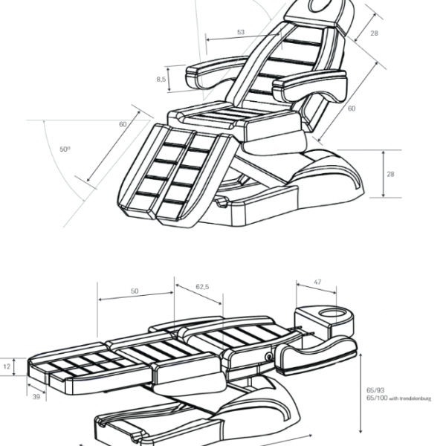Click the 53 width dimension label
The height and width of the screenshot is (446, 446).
(x=241, y=32)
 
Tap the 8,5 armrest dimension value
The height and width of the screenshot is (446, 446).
(x=161, y=78)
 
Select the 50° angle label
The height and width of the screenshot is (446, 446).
(x=65, y=149)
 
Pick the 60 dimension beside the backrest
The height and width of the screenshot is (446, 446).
(x=351, y=109)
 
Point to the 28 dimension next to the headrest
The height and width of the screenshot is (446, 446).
(x=375, y=33)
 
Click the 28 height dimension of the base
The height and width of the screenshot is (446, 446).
(x=392, y=172)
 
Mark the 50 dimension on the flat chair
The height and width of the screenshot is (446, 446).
(x=135, y=293)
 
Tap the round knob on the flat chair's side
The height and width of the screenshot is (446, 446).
(x=265, y=358)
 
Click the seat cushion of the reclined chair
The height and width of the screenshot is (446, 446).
(x=223, y=119)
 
